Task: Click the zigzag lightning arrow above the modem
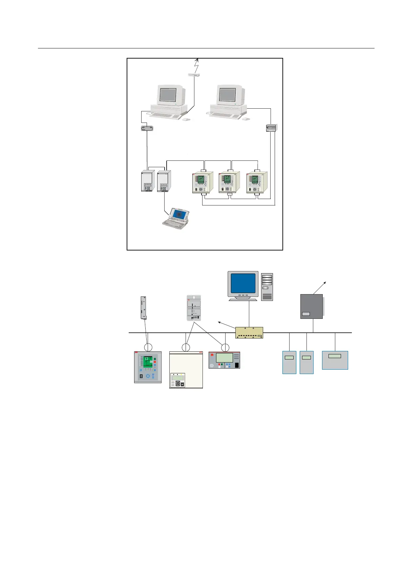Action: tap(196, 64)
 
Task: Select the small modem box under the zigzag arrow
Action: tap(194, 75)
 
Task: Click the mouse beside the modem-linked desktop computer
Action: tap(186, 119)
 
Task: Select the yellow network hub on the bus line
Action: tap(249, 333)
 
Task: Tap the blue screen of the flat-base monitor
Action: tap(243, 283)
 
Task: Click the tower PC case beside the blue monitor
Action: tap(267, 286)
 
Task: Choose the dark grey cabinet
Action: tap(312, 306)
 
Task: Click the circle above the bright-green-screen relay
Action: tap(148, 347)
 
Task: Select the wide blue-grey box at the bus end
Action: tap(335, 360)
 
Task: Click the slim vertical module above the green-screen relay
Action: tap(144, 308)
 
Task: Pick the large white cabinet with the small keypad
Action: tap(186, 370)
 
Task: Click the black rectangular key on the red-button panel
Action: tap(237, 366)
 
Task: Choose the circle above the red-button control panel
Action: tap(225, 347)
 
